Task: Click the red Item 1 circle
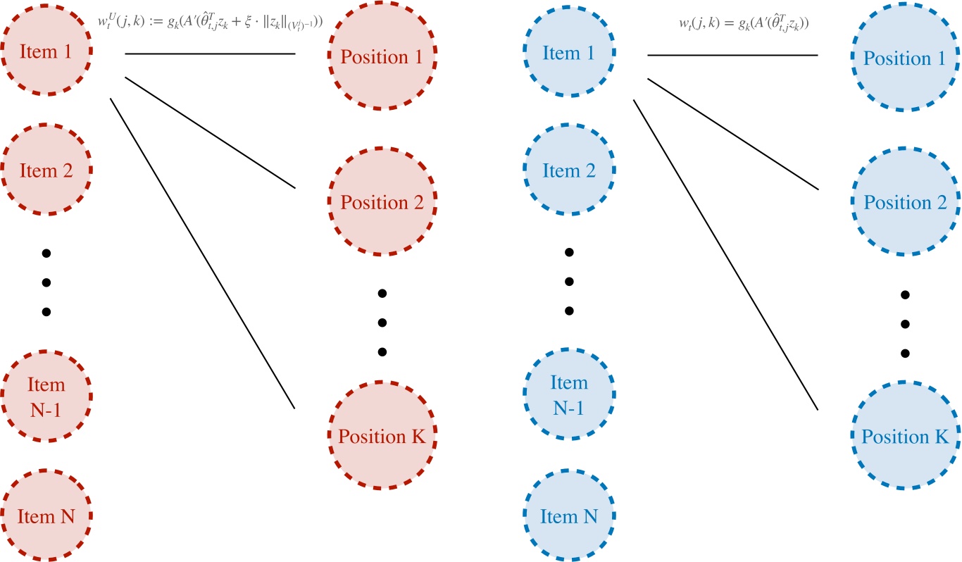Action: point(46,51)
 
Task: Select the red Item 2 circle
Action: point(46,170)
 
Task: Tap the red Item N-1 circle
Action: point(46,396)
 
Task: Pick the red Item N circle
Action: point(46,516)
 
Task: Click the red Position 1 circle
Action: point(382,58)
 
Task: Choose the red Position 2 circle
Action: point(382,203)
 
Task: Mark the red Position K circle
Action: point(382,436)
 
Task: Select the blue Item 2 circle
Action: point(569,170)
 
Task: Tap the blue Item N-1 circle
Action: point(569,394)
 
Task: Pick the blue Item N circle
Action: point(569,516)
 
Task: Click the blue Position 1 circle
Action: point(904,58)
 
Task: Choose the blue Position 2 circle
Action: point(904,203)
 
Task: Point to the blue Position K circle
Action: point(904,436)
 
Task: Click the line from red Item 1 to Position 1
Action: point(210,54)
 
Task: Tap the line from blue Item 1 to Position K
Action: point(725,254)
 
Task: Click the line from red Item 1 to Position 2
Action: point(210,132)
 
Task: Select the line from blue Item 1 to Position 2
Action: point(732,133)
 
